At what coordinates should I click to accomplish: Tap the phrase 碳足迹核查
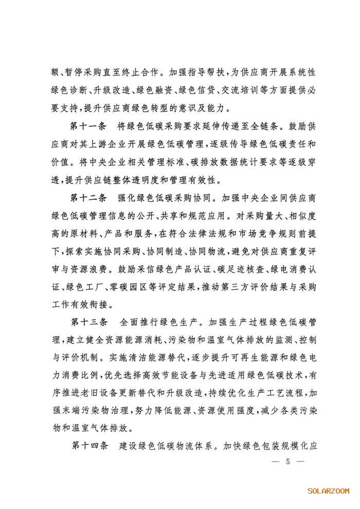point(216,269)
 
